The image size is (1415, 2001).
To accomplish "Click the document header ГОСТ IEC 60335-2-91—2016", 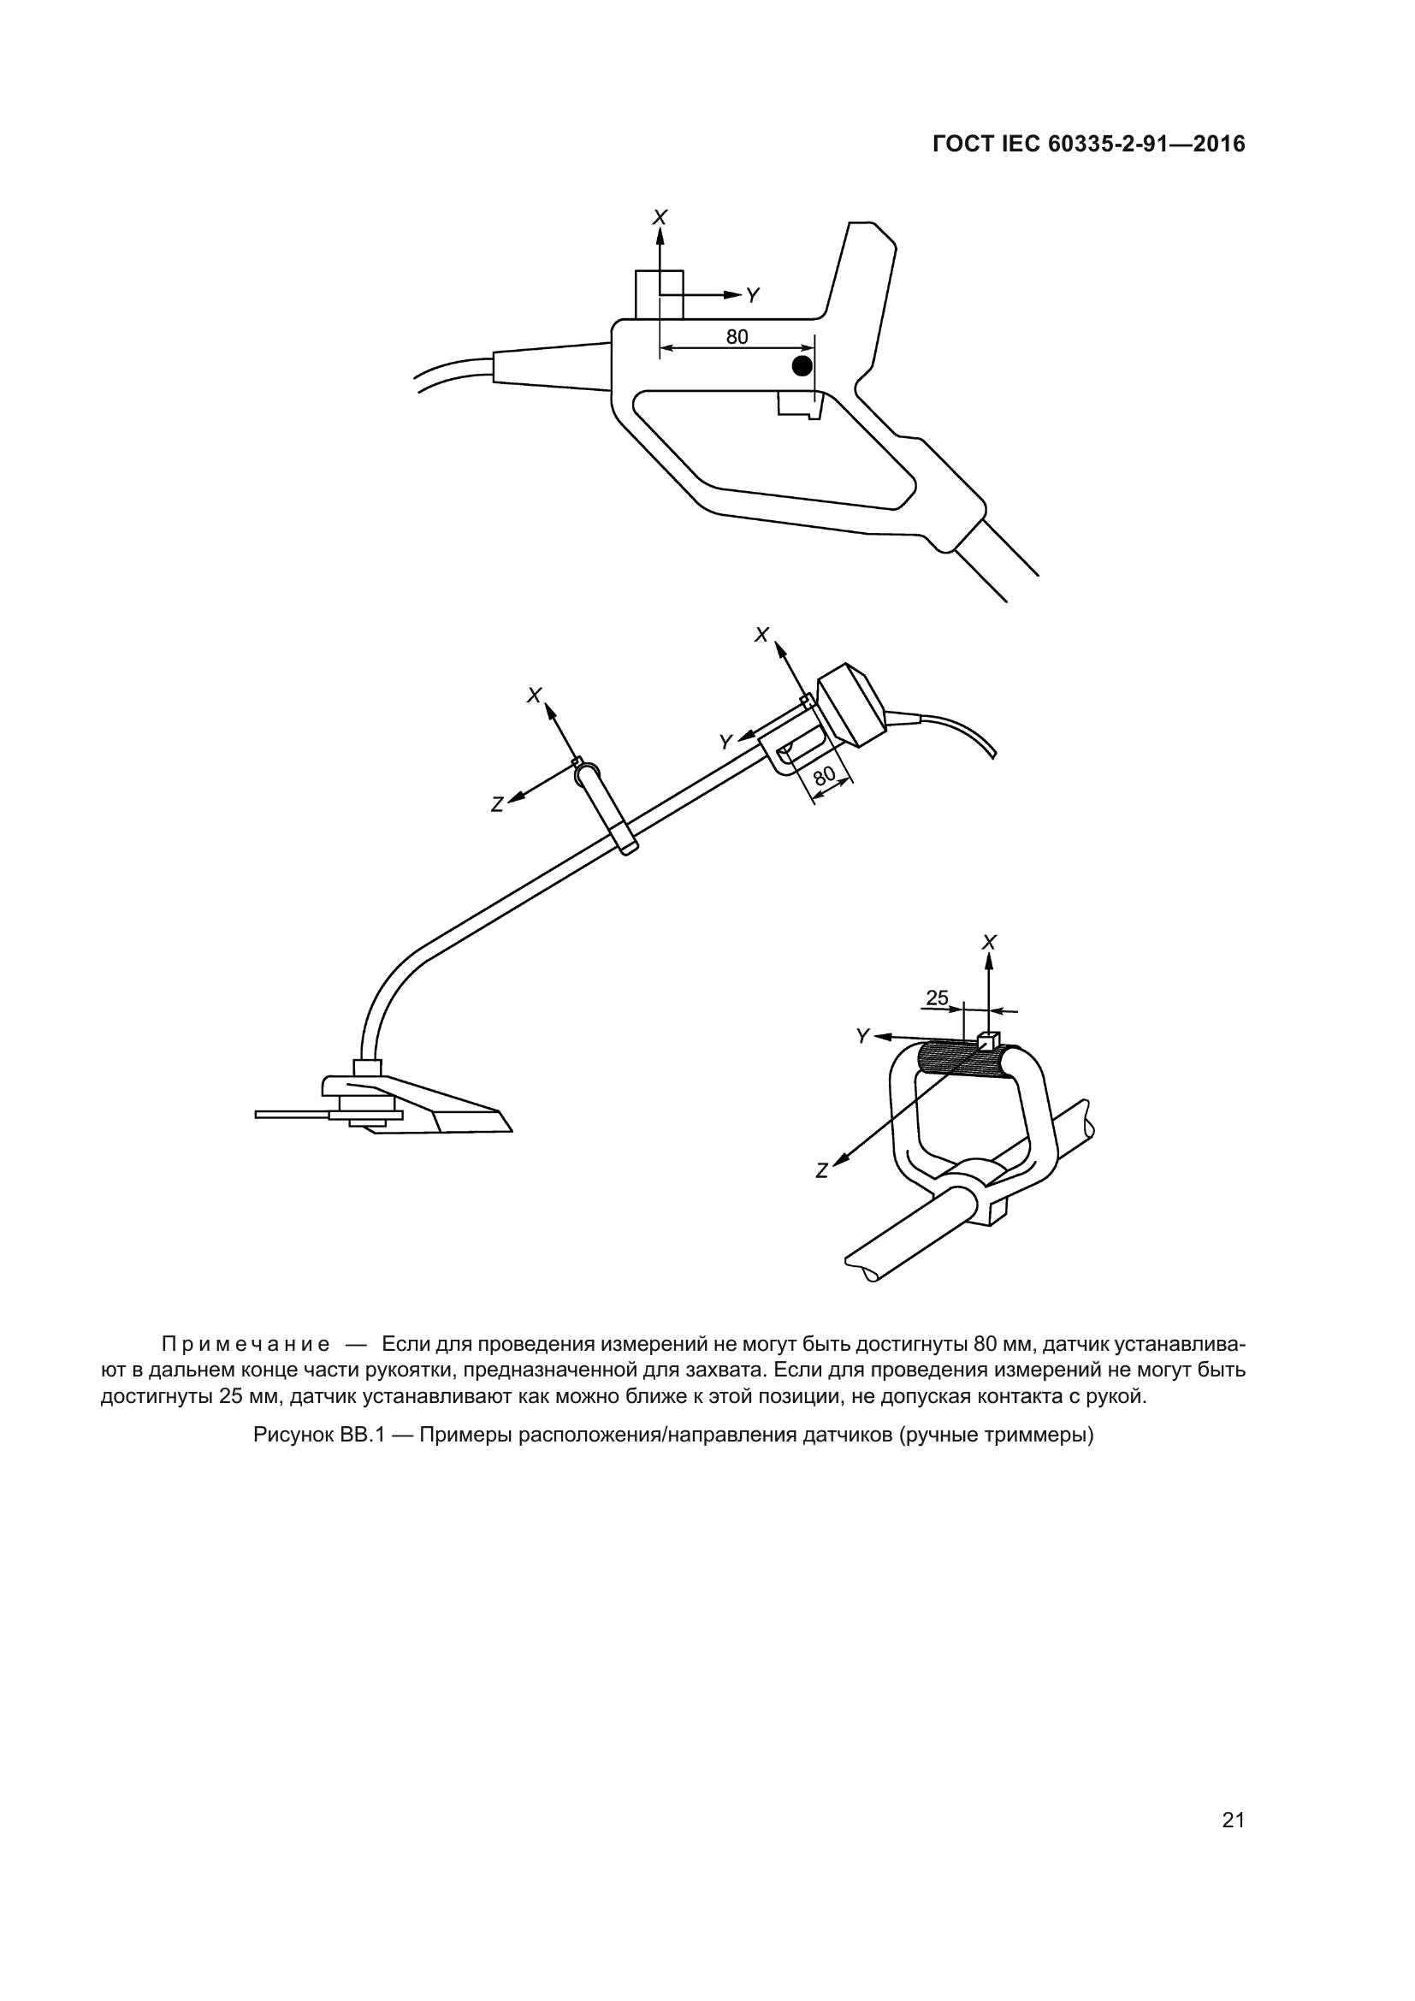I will point(1088,145).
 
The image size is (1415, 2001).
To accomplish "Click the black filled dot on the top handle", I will point(802,365).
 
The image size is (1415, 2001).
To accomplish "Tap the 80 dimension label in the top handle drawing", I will point(737,337).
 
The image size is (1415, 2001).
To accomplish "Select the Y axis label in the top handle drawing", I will point(753,296).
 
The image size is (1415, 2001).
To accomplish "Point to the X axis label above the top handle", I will point(660,216).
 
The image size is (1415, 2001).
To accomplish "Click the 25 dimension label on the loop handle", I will point(937,998).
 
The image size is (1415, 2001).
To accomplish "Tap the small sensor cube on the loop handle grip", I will point(987,1039).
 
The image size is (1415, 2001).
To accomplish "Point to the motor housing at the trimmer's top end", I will point(850,705).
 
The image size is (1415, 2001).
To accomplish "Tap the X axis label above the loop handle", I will point(989,942).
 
